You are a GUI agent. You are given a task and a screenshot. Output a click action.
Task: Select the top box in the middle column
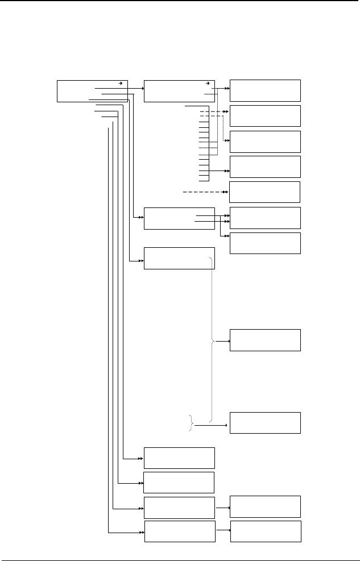click(179, 91)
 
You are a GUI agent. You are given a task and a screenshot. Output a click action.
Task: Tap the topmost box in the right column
click(265, 90)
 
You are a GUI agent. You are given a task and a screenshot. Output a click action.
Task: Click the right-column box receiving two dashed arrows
click(265, 115)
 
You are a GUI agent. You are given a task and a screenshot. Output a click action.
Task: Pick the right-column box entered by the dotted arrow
click(265, 142)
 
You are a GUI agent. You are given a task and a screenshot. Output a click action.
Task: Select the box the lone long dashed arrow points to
click(265, 192)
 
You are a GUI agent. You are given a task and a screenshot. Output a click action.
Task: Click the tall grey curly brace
click(213, 341)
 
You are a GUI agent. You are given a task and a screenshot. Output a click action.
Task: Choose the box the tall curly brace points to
click(265, 340)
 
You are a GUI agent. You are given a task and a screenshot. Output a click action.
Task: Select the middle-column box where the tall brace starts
click(179, 258)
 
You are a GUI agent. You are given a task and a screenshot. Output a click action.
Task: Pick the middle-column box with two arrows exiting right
click(179, 219)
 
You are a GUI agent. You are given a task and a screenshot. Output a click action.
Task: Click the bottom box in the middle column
click(180, 531)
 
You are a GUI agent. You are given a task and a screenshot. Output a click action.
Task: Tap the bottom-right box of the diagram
click(265, 530)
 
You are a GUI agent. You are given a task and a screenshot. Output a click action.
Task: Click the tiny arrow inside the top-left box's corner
click(119, 82)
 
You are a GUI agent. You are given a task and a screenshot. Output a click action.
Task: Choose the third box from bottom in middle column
click(179, 482)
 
